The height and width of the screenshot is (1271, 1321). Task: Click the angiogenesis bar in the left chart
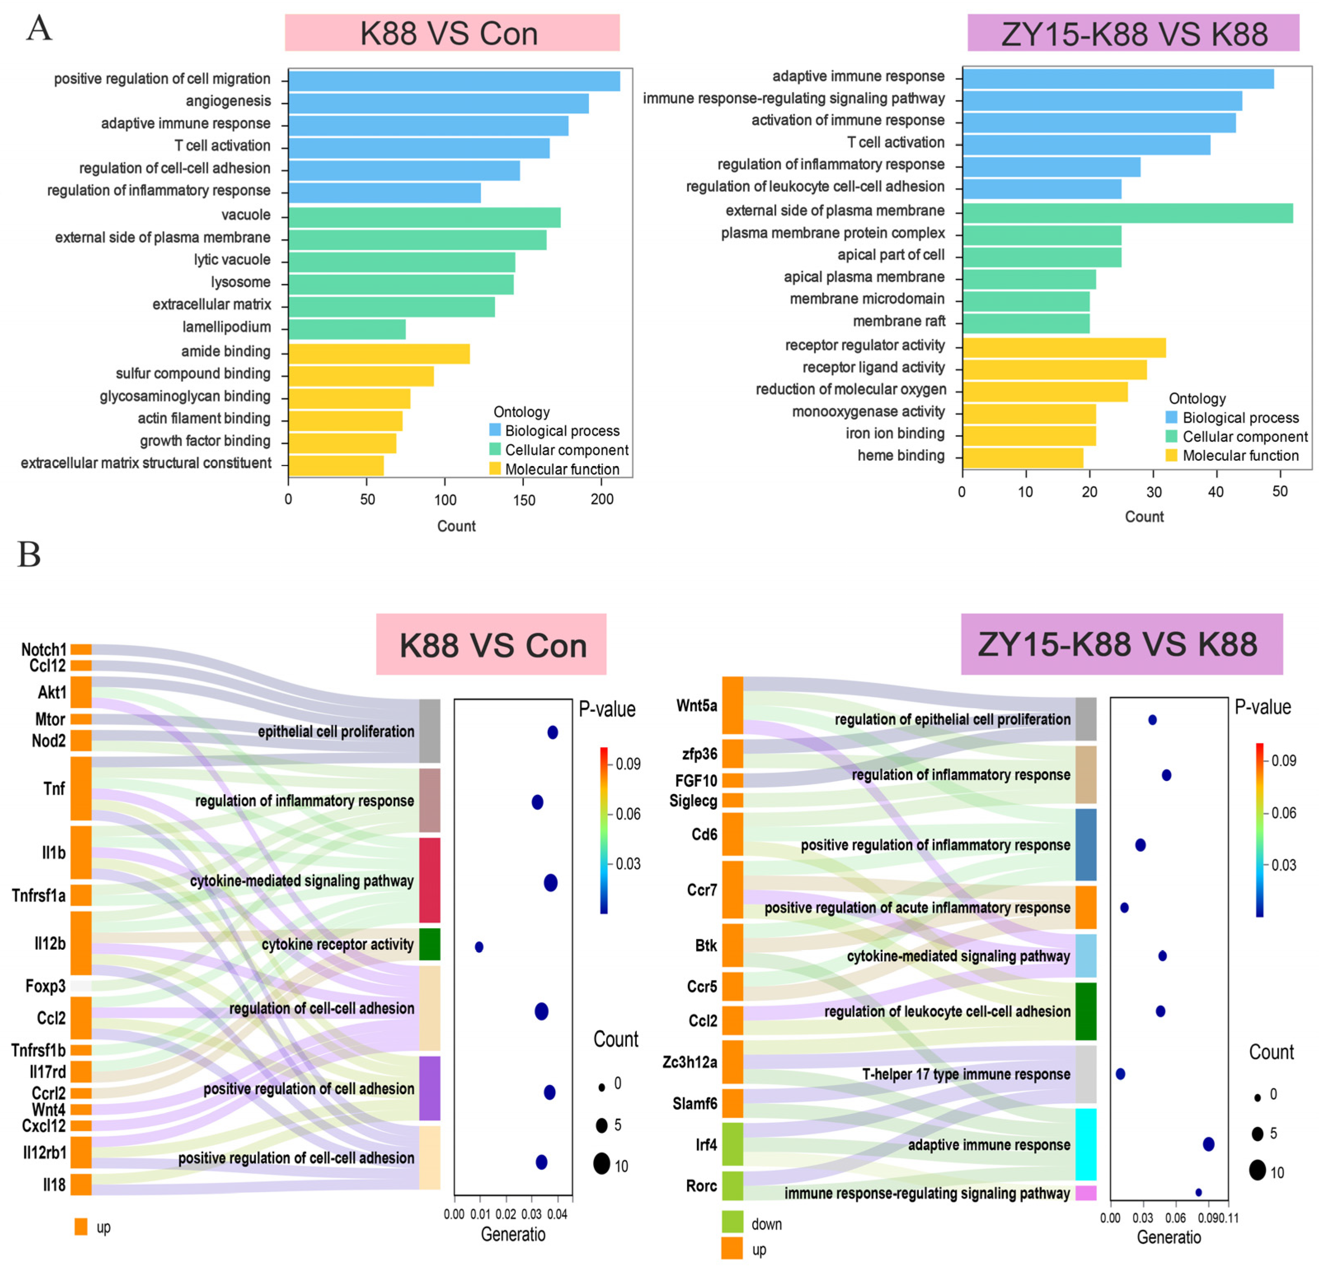pos(438,103)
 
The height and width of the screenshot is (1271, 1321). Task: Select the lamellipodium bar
pos(347,329)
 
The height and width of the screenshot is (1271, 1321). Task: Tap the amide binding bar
pos(379,353)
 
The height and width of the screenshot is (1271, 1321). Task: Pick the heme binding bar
pos(1022,458)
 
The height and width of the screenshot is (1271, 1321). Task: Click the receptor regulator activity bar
pos(1064,348)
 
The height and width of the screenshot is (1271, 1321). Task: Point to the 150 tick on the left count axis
pos(524,500)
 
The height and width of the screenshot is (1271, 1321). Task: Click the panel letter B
pos(29,554)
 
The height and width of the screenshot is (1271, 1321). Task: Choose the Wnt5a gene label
pos(697,705)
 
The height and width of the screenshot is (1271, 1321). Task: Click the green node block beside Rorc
pos(732,1185)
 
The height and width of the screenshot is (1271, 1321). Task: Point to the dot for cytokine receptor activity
pos(478,947)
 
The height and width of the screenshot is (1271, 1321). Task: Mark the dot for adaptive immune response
pos(1208,1144)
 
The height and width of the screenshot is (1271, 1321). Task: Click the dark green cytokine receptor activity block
pos(429,944)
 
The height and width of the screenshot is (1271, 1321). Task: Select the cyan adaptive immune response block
pos(1085,1144)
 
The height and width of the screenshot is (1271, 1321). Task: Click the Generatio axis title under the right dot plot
pos(1169,1237)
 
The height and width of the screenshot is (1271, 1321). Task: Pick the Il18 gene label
pos(54,1184)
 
